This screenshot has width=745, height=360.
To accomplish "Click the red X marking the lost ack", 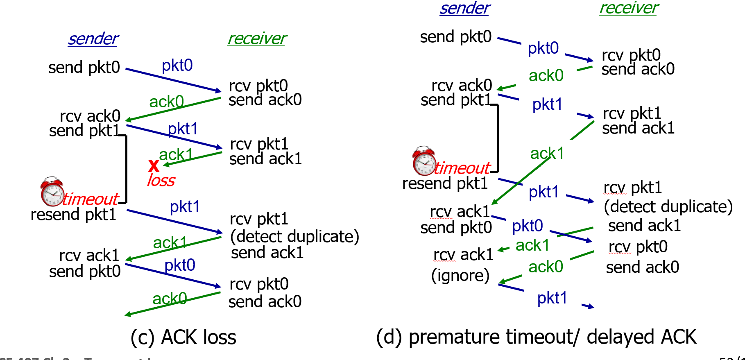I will (x=154, y=165).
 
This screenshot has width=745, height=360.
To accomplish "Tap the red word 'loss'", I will (x=161, y=181).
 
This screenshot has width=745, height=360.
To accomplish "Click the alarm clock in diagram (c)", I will (x=52, y=192).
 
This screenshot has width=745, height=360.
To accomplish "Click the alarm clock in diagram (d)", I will (x=424, y=161).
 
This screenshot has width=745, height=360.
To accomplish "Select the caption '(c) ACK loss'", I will (x=183, y=337).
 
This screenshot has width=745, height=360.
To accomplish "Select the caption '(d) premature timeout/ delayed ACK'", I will (x=536, y=337).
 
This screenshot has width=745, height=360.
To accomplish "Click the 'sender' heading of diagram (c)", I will (x=93, y=39).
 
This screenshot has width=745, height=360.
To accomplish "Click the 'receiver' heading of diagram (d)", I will (x=629, y=8).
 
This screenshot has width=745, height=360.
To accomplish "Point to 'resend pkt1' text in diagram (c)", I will (x=73, y=215).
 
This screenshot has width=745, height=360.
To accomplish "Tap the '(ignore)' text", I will (x=460, y=276).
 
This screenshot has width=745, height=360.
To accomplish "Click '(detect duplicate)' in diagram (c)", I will (x=294, y=237).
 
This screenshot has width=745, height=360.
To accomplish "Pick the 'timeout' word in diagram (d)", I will (x=462, y=168).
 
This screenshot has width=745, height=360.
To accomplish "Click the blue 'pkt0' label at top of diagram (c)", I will (x=177, y=66).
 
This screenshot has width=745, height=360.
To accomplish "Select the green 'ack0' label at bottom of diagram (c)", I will (x=170, y=299).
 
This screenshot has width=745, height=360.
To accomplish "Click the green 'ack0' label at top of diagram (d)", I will (x=546, y=76).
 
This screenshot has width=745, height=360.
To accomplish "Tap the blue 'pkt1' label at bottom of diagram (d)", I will (x=552, y=298).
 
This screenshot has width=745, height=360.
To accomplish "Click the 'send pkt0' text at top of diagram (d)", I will (x=455, y=37).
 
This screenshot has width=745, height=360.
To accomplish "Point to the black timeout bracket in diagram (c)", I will (x=126, y=169).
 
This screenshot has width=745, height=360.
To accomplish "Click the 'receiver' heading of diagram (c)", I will (x=257, y=39).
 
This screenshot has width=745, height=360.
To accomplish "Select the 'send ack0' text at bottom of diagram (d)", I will (x=642, y=267).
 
